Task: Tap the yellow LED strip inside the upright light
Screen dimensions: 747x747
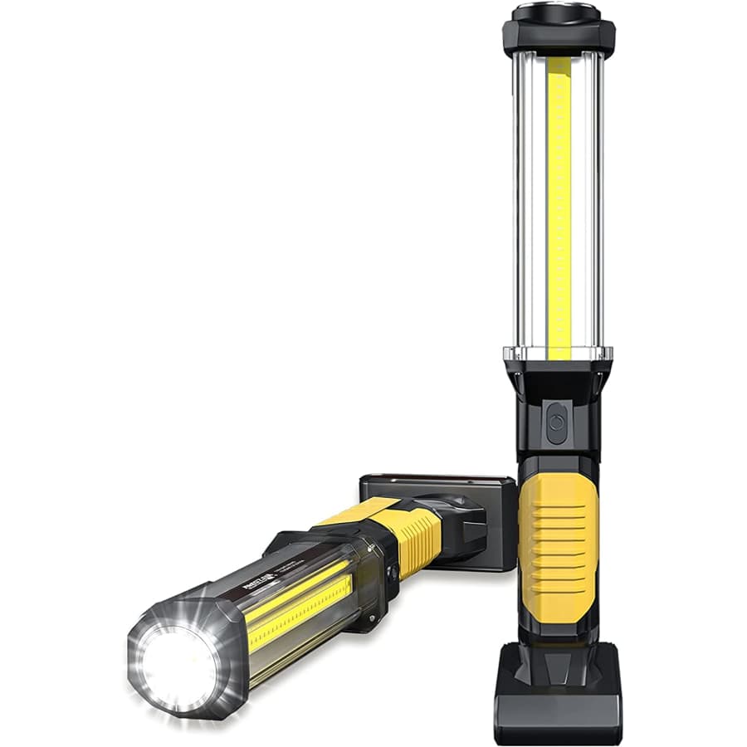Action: point(559,207)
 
